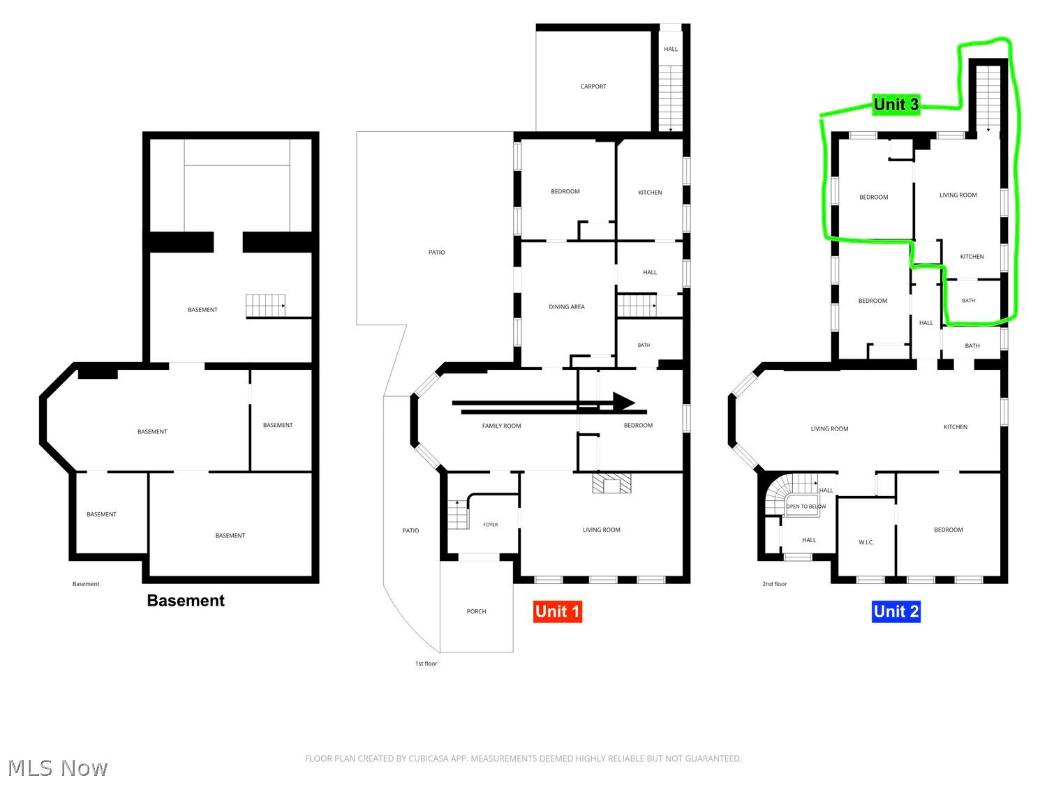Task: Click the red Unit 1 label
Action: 557,611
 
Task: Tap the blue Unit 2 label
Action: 896,611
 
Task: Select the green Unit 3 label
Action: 896,105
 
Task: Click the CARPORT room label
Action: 593,87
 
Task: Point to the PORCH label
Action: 476,611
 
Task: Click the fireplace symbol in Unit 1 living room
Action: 611,483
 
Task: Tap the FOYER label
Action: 491,524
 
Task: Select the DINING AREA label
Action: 566,306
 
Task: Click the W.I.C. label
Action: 866,542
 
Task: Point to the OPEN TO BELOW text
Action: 806,506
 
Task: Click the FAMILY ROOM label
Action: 501,426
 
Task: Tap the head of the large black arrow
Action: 624,402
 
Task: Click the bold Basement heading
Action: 186,600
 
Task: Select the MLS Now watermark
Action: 58,768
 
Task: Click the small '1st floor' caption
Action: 426,663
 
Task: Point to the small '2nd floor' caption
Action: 774,583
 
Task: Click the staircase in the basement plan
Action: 266,306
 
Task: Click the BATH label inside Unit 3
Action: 968,300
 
